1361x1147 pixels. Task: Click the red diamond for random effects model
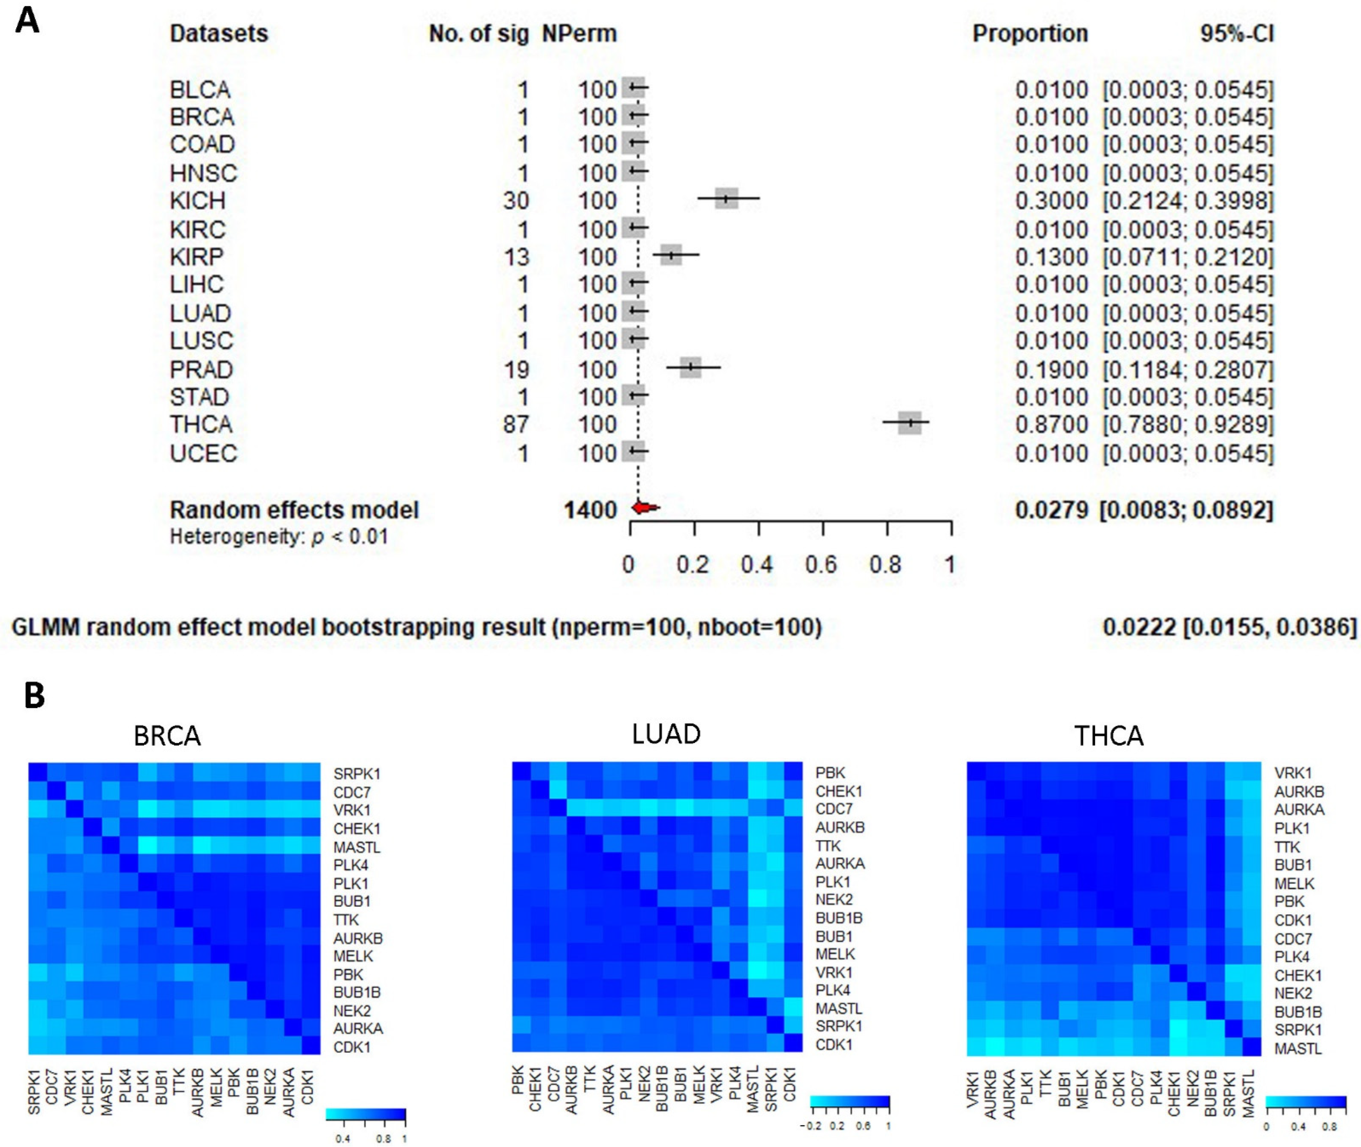coord(645,508)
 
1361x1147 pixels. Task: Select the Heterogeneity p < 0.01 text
coord(279,537)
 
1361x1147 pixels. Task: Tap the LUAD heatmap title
coord(666,734)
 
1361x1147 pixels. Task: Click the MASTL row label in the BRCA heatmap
coord(357,847)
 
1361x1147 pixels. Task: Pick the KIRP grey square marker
coord(671,255)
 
